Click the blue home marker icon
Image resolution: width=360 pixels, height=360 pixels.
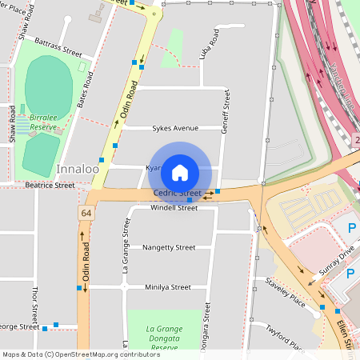180,172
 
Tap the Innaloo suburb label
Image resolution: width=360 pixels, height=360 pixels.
78,170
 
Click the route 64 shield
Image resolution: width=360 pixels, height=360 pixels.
85,213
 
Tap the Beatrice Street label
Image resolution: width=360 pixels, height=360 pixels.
50,185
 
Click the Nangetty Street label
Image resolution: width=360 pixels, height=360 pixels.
168,248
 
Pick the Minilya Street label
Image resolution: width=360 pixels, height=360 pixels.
168,287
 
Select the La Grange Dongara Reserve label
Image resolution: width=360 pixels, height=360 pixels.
165,334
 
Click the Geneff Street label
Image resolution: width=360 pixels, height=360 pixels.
226,111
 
